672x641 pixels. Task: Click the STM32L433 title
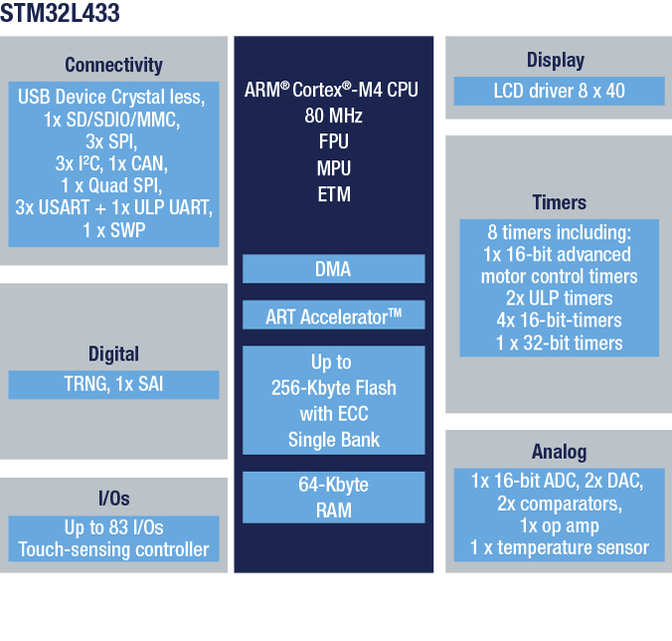pos(60,13)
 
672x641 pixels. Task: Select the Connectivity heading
pos(113,66)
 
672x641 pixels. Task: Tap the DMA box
pos(333,269)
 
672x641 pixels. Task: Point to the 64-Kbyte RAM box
pos(333,498)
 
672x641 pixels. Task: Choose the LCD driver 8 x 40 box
pos(560,91)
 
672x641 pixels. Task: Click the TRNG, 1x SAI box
pos(113,385)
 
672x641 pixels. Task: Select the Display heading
pos(556,61)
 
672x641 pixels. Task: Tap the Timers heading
pos(559,202)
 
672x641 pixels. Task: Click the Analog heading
pos(559,452)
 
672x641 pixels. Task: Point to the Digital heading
pos(113,354)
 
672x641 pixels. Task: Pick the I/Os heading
pos(113,499)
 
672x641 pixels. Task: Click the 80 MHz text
pos(333,115)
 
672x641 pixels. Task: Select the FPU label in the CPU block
pos(333,141)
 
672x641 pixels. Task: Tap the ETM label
pos(334,194)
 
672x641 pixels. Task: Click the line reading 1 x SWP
pos(113,230)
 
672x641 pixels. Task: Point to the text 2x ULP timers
pos(559,299)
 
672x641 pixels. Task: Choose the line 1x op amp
pos(559,526)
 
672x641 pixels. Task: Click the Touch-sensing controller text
pos(113,549)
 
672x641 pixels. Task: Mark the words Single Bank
pos(333,440)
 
